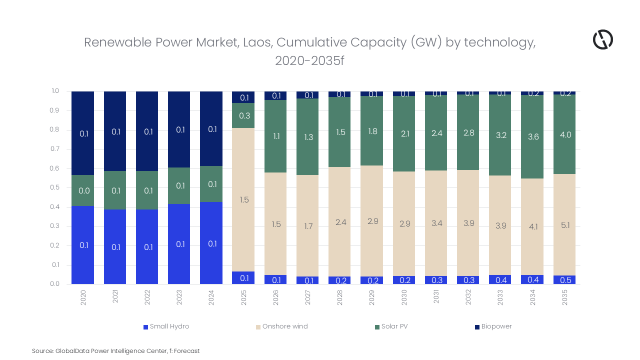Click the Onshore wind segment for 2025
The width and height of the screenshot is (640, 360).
243,199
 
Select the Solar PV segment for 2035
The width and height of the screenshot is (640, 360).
564,134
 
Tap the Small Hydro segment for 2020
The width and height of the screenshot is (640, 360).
83,245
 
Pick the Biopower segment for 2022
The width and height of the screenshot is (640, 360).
147,131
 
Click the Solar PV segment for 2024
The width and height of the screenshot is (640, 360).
211,184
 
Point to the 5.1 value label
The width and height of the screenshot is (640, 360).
565,225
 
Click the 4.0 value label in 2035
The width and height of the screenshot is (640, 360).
565,134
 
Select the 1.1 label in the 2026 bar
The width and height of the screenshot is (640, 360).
276,135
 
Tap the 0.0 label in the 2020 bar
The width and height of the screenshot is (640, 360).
83,190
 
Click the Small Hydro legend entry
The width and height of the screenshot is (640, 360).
166,326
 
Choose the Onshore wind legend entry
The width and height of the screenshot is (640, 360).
281,326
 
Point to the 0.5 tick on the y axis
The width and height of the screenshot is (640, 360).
55,187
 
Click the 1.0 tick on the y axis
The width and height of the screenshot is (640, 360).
55,91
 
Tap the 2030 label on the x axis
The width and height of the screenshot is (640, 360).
404,298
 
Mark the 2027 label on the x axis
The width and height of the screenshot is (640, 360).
308,298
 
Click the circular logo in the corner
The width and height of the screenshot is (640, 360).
602,39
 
